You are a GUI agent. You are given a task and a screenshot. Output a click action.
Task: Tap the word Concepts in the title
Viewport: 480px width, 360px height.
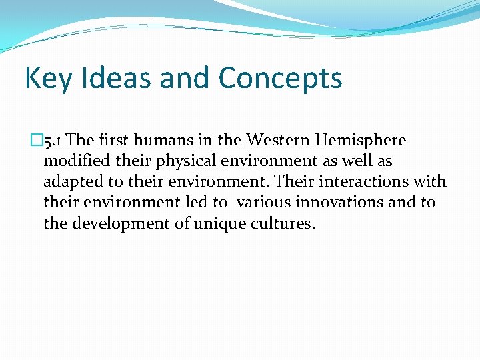[279, 79]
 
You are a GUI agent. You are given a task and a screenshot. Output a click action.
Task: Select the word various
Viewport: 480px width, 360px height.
[264, 203]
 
